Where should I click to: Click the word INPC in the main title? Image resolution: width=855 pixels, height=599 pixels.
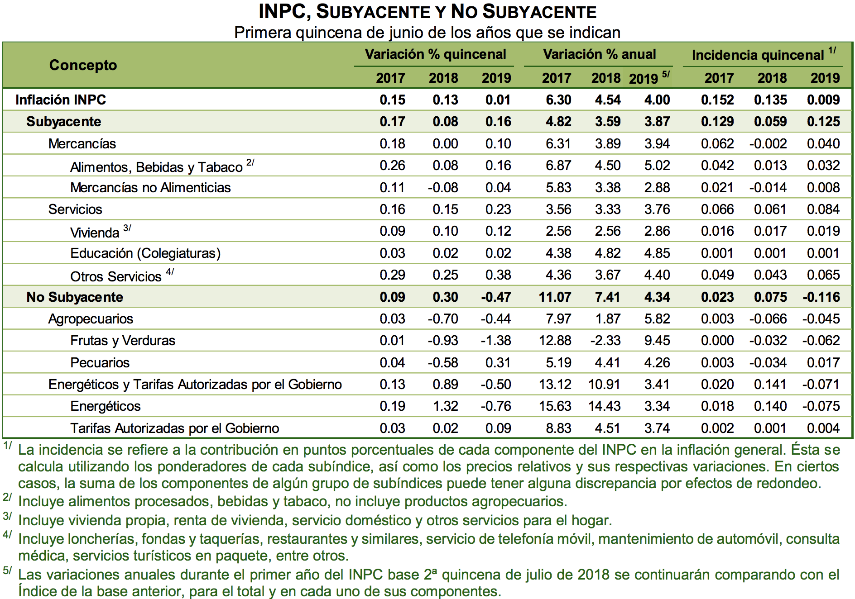click(284, 12)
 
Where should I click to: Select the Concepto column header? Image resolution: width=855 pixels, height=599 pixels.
click(83, 65)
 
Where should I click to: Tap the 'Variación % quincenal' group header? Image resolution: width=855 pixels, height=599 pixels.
click(435, 54)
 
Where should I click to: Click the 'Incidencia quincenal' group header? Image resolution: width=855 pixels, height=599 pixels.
click(758, 55)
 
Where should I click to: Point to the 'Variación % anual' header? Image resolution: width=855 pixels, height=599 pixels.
click(599, 54)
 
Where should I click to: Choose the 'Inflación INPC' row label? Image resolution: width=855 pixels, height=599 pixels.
click(61, 100)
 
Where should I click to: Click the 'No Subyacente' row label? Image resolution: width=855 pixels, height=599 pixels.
click(75, 297)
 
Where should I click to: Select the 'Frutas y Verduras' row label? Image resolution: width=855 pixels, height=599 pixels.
click(123, 341)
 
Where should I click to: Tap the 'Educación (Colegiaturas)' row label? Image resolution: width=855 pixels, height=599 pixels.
click(145, 253)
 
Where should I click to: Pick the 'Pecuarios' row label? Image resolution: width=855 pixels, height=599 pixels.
click(100, 362)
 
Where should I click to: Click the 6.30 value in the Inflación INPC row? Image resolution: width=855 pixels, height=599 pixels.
click(558, 100)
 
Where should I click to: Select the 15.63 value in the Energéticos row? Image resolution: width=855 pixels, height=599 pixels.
click(555, 406)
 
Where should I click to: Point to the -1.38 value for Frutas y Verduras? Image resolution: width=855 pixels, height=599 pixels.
click(496, 341)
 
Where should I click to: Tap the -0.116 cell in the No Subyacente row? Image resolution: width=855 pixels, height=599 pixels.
click(821, 297)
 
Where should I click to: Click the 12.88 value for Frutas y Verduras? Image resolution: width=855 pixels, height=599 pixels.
click(555, 341)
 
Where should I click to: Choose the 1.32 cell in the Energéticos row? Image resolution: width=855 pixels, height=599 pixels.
click(446, 406)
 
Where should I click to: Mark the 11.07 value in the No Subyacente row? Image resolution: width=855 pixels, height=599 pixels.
click(555, 297)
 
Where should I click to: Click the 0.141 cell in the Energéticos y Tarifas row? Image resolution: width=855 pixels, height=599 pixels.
click(770, 385)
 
